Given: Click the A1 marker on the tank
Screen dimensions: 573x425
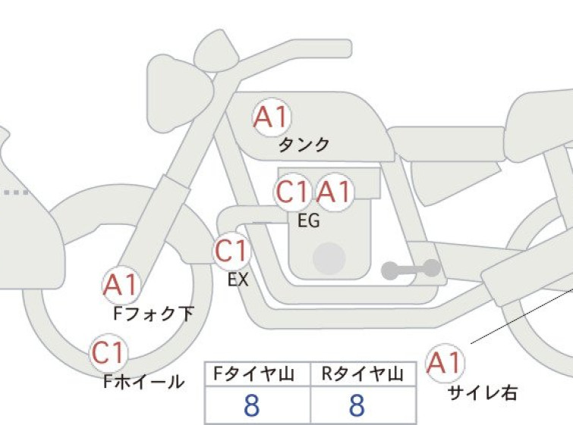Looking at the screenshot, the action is (x=272, y=117).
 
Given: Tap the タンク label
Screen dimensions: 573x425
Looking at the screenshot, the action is (x=304, y=145).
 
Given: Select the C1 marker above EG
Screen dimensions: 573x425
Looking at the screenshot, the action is (x=292, y=192).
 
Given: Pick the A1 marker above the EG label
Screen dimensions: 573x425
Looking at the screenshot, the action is (x=335, y=192).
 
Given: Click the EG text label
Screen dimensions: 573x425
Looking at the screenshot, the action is (x=309, y=220).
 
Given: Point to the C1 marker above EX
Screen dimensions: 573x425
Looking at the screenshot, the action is (x=231, y=251).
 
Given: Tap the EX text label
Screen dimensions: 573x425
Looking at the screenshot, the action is (x=238, y=280).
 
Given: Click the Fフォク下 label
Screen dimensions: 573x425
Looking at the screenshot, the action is (x=153, y=314).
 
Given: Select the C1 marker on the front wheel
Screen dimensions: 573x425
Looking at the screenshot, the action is (x=109, y=353).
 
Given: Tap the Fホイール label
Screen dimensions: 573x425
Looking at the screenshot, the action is (x=144, y=382).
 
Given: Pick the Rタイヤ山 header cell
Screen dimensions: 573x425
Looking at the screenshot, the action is (x=364, y=374).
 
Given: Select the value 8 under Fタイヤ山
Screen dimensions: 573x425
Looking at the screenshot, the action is (x=252, y=405).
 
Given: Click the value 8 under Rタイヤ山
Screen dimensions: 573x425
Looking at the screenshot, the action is (x=357, y=405).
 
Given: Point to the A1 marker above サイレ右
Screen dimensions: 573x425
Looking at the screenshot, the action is (x=445, y=364).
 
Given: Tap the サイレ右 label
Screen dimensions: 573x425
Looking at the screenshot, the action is (x=483, y=393).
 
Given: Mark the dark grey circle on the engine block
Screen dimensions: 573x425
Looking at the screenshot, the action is (x=329, y=258).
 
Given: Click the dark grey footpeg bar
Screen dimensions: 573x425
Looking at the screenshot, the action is (x=411, y=270).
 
